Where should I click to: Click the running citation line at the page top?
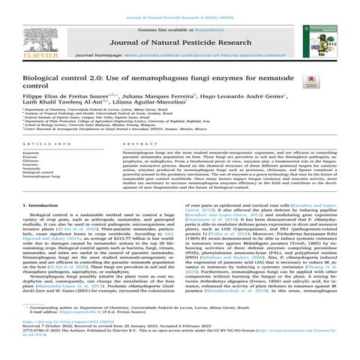click(179, 5)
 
